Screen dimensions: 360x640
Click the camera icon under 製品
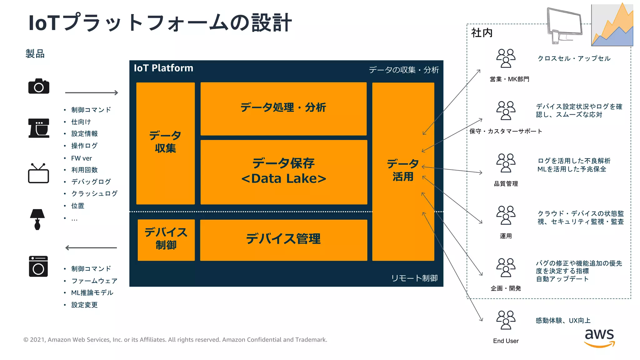click(x=39, y=86)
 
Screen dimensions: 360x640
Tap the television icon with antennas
click(x=38, y=173)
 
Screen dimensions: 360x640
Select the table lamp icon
click(x=37, y=219)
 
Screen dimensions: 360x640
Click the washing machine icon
click(x=38, y=266)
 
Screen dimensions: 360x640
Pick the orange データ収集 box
click(x=165, y=143)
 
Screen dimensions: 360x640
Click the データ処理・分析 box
click(x=283, y=108)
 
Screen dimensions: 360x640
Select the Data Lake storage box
click(x=284, y=172)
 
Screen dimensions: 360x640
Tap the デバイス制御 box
click(x=166, y=239)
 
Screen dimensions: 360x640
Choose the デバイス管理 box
click(x=283, y=239)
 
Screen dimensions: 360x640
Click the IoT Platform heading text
click(x=163, y=68)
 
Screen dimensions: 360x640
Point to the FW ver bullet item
click(x=81, y=158)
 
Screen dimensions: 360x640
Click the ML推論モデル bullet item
click(x=92, y=293)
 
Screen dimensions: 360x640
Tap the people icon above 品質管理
click(x=506, y=163)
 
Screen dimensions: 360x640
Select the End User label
click(x=506, y=341)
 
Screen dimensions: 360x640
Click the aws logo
click(x=599, y=337)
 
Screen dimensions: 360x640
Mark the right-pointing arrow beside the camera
click(x=91, y=93)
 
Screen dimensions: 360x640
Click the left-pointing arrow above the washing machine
click(x=91, y=248)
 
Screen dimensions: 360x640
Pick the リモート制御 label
click(x=414, y=278)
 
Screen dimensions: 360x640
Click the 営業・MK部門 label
click(x=509, y=79)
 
